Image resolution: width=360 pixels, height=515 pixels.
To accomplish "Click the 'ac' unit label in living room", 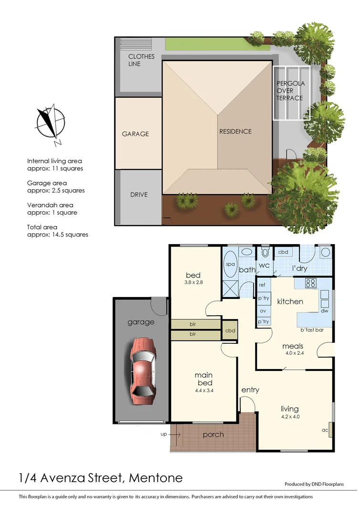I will pos(325,430).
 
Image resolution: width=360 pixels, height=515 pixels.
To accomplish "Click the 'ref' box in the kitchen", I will pos(262,285).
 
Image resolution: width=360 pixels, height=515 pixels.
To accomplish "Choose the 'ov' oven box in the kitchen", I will pos(263,310).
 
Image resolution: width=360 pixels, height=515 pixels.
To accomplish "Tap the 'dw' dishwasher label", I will pos(325,311).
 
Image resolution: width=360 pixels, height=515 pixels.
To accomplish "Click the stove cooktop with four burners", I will pos(311,283).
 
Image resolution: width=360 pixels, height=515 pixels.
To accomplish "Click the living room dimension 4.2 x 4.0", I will pos(289,417).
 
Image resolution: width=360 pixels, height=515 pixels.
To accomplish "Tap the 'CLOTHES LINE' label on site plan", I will pos(141,60).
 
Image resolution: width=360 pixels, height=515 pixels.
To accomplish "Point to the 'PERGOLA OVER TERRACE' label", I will pos(290,91).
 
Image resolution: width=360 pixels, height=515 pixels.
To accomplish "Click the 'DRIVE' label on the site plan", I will pos(139,195).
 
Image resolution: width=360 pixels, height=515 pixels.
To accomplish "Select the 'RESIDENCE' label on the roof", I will pos(235,131).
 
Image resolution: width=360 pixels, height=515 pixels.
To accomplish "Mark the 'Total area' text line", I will pos(42,227).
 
